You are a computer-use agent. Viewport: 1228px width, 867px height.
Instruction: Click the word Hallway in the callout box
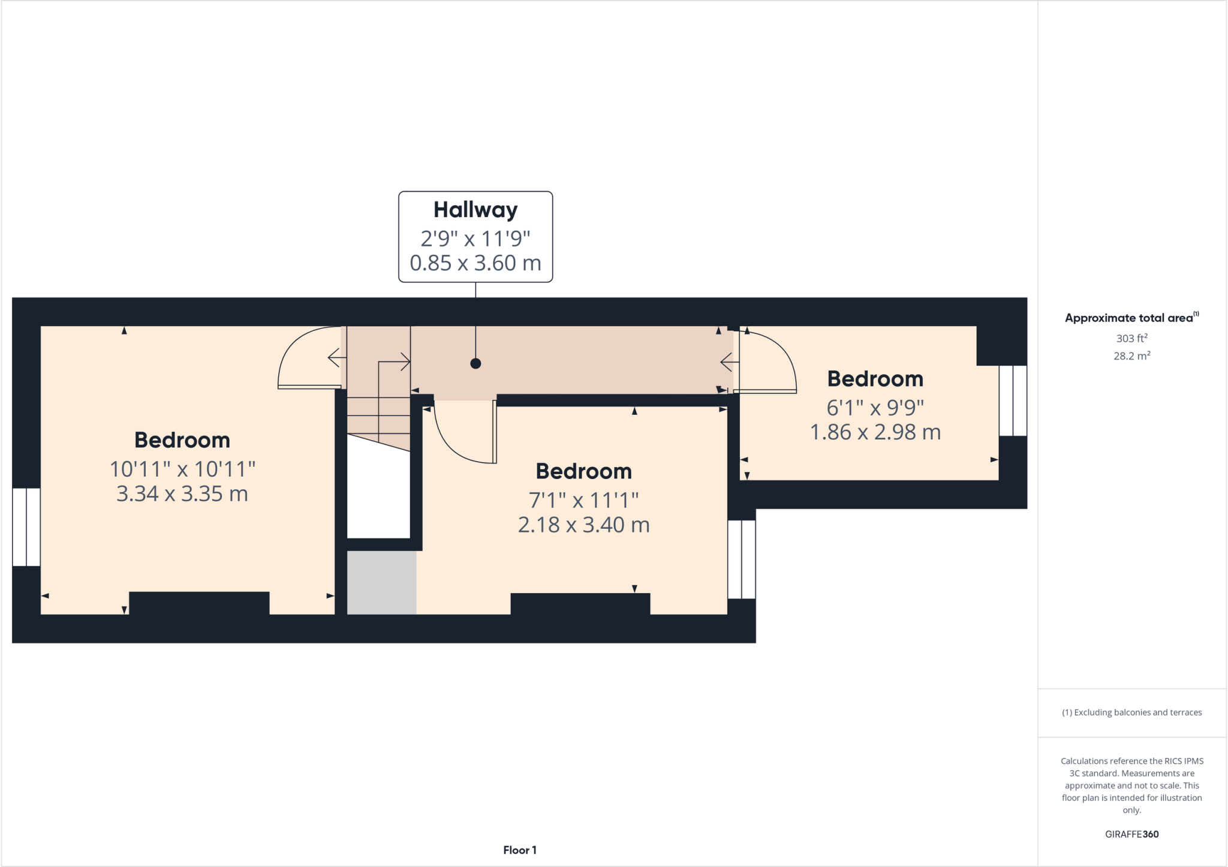[x=475, y=210]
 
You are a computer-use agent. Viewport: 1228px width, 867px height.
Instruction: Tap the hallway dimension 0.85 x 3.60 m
[x=475, y=263]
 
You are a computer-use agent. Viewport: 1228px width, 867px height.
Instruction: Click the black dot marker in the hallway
[x=475, y=363]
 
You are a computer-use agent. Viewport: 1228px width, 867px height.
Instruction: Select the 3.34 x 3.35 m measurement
[x=182, y=494]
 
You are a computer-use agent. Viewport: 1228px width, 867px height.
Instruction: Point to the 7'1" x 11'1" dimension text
[x=583, y=500]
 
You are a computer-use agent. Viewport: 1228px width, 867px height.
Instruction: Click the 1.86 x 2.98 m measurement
[x=875, y=432]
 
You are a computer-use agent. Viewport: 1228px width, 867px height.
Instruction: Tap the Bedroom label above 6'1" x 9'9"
[x=875, y=379]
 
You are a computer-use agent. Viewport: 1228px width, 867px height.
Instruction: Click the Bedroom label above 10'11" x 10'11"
[x=182, y=440]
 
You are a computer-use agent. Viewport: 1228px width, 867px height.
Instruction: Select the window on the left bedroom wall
[x=26, y=527]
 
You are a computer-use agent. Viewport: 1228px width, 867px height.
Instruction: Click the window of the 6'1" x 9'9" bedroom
[x=1013, y=401]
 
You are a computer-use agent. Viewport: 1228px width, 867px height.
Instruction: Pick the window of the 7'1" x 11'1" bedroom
[x=742, y=559]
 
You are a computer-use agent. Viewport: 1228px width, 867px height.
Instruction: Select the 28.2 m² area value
[x=1131, y=356]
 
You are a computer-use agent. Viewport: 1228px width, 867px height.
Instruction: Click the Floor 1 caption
[x=519, y=850]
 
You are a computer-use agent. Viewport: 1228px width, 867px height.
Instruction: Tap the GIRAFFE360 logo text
[x=1131, y=834]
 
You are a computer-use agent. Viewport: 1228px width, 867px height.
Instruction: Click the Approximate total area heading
[x=1129, y=318]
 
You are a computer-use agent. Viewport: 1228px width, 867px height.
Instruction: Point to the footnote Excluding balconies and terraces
[x=1131, y=712]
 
